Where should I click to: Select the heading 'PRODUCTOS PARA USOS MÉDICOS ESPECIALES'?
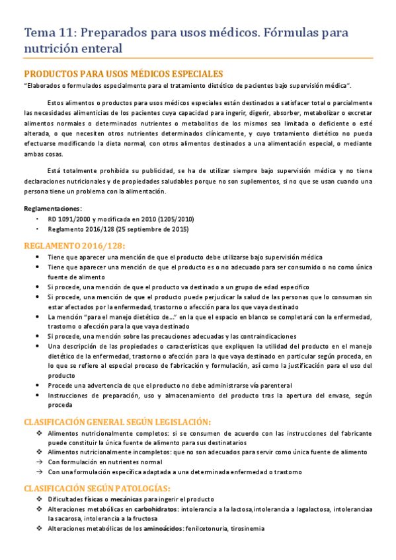click(123, 74)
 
